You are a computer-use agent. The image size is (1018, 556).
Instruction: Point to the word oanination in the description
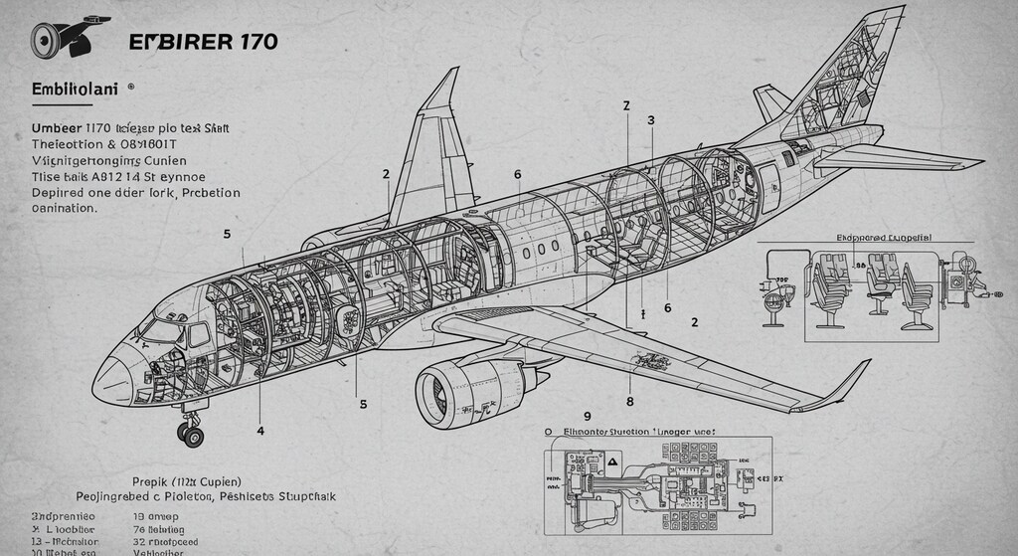[x=58, y=209]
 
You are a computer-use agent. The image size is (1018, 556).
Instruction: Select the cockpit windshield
[x=159, y=329]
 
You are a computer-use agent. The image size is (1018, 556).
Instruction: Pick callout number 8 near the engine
[x=629, y=402]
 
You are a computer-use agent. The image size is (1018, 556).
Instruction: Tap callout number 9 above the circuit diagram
[x=587, y=416]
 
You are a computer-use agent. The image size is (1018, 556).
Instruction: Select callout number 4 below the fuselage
[x=260, y=431]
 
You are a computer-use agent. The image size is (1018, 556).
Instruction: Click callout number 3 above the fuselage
[x=651, y=120]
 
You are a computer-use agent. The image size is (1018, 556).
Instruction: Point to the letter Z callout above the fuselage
[x=626, y=105]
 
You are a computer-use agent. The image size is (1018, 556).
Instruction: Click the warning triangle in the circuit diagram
[x=612, y=463]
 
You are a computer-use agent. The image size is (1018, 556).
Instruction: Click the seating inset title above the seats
[x=891, y=239]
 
